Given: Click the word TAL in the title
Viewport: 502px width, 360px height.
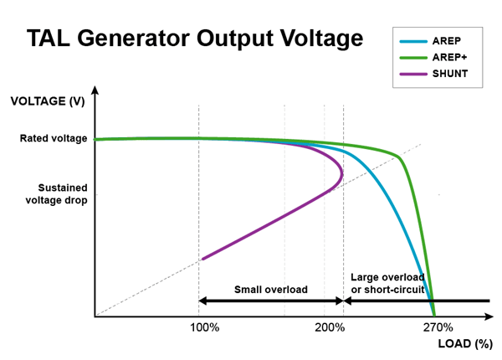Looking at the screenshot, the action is coord(48,39).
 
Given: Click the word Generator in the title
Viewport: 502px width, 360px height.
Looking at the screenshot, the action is coord(134,39).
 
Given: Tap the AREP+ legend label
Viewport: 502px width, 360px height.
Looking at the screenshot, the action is coord(449,57).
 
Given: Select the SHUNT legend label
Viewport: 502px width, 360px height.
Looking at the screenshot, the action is coord(450,74).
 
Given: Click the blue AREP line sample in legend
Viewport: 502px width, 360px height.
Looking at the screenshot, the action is coord(413,41).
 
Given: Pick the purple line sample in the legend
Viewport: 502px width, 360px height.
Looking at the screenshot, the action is coord(413,74).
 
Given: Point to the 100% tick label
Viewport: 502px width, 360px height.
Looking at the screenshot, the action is coord(205,327).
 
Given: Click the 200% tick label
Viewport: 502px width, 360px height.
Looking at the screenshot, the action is coord(330,327).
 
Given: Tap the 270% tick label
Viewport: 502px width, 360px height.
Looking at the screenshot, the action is coord(438,327).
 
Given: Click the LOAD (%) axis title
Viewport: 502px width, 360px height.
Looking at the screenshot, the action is coord(465,343).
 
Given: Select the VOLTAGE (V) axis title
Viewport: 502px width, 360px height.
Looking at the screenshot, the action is coord(48,101).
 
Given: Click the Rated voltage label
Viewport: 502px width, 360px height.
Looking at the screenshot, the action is coord(54,138).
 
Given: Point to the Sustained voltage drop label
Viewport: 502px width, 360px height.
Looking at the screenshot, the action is coord(56,193).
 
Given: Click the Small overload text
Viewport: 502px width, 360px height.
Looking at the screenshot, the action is coord(271,290).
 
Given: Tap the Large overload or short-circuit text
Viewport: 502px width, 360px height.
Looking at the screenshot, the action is coord(387,283).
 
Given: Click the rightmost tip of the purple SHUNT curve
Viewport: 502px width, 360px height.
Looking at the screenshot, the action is coord(342,174).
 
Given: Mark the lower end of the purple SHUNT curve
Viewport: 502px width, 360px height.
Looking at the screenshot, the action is coord(203,259).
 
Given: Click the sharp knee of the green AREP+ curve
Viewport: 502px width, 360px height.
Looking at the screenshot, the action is coord(399,157).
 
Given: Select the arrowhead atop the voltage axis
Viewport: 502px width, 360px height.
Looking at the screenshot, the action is coord(95,90).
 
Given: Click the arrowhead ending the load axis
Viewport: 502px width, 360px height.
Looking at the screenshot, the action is coord(489,316).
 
